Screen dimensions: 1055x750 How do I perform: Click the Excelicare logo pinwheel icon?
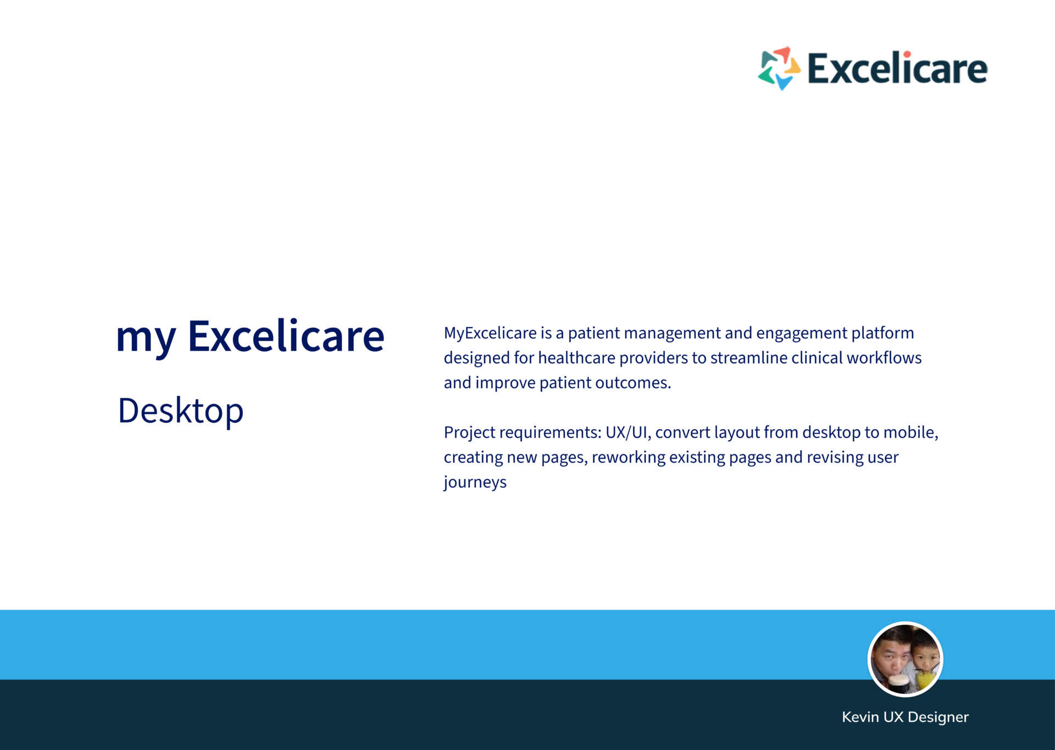pyautogui.click(x=779, y=68)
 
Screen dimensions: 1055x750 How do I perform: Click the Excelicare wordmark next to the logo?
pyautogui.click(x=897, y=68)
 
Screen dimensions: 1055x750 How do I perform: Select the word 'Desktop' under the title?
pyautogui.click(x=181, y=411)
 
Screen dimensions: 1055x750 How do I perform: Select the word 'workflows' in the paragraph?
pyautogui.click(x=884, y=358)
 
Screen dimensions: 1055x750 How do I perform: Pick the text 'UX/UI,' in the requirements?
pyautogui.click(x=629, y=433)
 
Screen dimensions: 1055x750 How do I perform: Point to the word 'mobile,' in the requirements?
pyautogui.click(x=910, y=432)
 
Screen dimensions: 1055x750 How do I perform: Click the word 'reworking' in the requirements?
pyautogui.click(x=629, y=458)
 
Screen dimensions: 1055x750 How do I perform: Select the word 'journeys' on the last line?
pyautogui.click(x=475, y=482)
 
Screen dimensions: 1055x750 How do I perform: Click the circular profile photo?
pyautogui.click(x=905, y=659)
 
